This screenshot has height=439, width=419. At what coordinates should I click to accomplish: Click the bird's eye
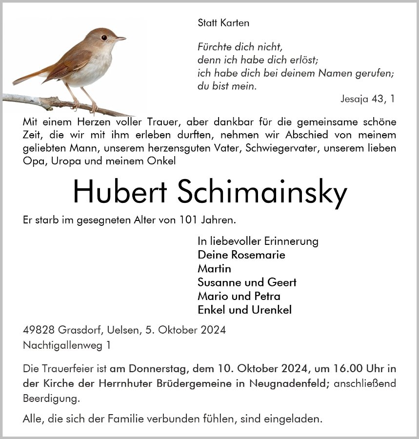(104, 37)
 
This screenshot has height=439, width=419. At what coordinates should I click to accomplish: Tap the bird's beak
(120, 38)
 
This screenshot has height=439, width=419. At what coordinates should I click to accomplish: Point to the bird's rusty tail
(29, 76)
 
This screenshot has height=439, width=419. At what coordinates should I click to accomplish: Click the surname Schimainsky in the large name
(263, 193)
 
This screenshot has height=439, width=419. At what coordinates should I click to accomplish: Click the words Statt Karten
(223, 22)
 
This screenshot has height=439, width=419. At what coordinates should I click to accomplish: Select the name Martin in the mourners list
(214, 268)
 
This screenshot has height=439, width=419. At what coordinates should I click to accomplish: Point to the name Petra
(267, 296)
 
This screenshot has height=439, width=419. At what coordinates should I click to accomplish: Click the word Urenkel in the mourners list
(271, 310)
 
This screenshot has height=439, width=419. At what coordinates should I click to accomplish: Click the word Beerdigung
(51, 399)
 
